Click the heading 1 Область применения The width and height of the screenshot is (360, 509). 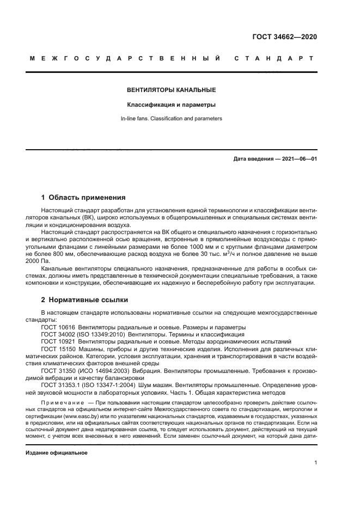coord(83,198)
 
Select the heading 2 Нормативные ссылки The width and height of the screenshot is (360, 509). coord(85,299)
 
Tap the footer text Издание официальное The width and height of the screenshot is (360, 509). coord(57,453)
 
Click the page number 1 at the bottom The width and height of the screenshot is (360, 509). coord(316,463)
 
